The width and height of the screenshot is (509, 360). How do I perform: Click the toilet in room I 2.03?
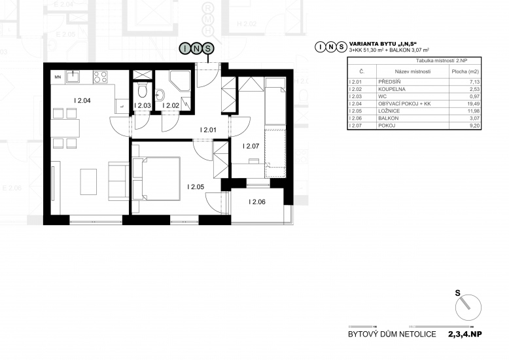143,90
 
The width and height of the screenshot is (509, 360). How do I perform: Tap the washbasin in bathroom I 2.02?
160,95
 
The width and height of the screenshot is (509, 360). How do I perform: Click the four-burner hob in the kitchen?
100,77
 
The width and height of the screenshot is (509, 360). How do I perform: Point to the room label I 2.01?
208,130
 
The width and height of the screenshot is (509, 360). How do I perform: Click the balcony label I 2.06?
256,202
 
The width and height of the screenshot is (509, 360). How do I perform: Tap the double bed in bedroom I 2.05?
157,179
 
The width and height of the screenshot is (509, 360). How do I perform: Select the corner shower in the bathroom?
179,81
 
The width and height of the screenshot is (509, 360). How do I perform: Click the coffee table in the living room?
88,181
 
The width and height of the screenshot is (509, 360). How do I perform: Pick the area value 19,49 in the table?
474,103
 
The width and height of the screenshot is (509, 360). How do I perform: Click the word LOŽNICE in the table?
389,111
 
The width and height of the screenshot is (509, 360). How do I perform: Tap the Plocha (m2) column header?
465,71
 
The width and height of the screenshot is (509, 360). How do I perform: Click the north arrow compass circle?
468,308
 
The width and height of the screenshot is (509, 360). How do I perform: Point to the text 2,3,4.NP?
465,334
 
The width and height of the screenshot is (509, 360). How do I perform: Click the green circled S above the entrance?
208,48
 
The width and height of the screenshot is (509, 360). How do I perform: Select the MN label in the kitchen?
58,77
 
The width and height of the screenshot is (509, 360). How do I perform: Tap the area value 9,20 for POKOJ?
474,126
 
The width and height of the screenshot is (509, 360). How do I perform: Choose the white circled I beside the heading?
321,47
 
